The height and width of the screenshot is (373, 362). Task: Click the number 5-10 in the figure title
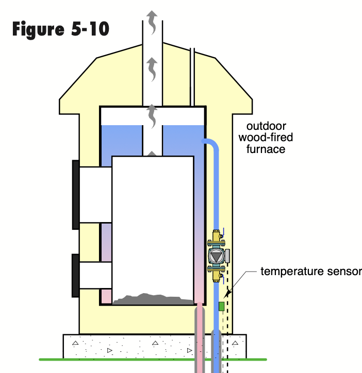[88, 29]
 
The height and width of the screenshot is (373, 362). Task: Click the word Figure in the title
[39, 29]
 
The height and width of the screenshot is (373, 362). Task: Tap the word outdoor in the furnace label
[266, 126]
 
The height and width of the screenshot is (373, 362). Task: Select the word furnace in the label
[266, 149]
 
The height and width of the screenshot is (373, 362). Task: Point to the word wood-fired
[266, 138]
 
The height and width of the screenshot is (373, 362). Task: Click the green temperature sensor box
[222, 306]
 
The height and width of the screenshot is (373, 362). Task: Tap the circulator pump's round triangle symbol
[216, 256]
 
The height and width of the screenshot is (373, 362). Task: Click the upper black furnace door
[75, 194]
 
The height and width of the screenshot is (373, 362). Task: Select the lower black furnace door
[75, 276]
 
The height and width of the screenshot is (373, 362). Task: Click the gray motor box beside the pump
[227, 256]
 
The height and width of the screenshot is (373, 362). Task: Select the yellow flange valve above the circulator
[216, 240]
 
